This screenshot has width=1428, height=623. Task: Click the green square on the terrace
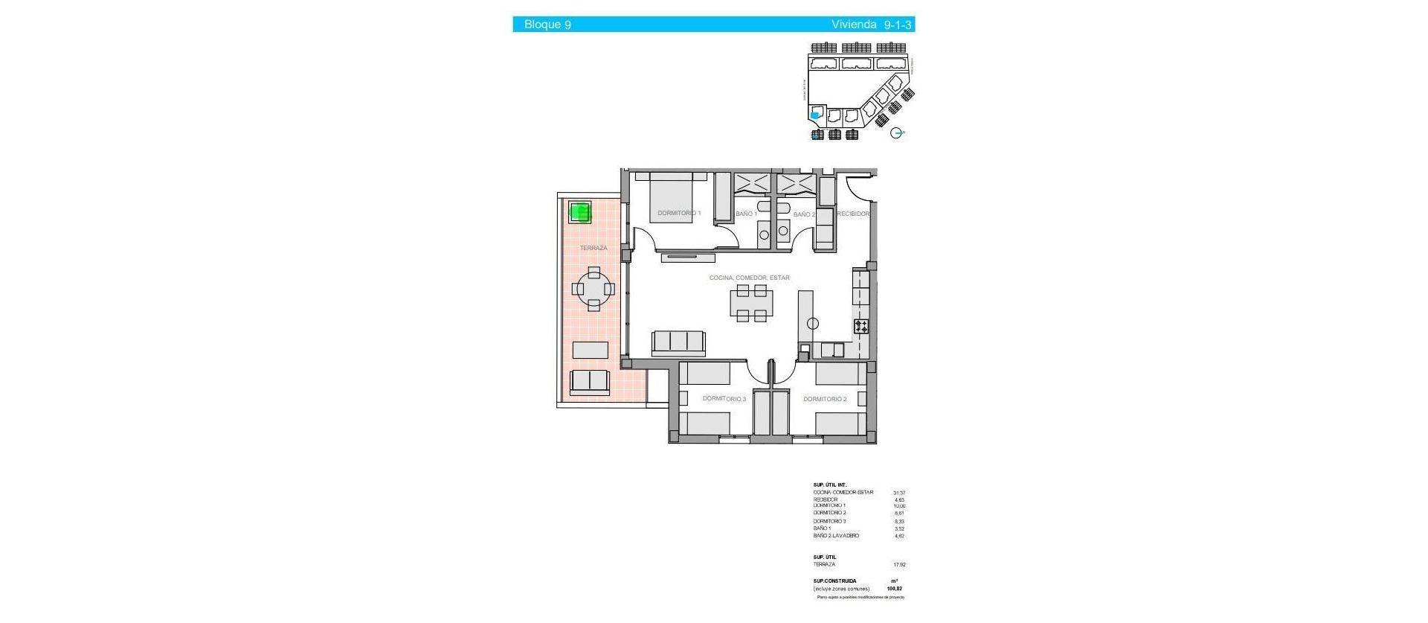click(x=580, y=212)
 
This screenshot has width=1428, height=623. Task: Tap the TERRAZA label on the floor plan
click(x=594, y=248)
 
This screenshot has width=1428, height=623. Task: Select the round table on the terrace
click(x=594, y=289)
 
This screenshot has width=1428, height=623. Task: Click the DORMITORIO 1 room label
click(x=679, y=214)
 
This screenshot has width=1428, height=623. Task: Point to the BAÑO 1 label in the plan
click(x=746, y=214)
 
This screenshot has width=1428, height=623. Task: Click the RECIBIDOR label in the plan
click(x=853, y=214)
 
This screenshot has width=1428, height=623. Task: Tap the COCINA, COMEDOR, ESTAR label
click(x=749, y=278)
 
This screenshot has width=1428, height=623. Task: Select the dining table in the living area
click(x=751, y=303)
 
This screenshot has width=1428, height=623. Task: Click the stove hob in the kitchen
click(x=861, y=326)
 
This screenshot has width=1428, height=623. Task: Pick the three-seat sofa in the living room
click(x=678, y=342)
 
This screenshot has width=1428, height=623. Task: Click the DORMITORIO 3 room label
click(x=724, y=399)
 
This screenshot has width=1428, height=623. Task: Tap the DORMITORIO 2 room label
click(x=825, y=400)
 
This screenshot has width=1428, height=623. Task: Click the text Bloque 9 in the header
click(x=547, y=25)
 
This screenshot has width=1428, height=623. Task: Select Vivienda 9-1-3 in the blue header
click(x=871, y=25)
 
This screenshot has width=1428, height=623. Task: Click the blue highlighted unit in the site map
click(x=815, y=115)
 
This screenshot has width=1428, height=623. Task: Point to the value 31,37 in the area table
click(x=899, y=493)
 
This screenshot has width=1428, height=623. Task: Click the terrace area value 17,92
click(x=899, y=565)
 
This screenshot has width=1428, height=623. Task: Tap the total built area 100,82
click(x=895, y=589)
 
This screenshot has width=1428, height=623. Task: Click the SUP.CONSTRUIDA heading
click(x=834, y=581)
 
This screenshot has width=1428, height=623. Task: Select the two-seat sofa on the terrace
click(x=590, y=381)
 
